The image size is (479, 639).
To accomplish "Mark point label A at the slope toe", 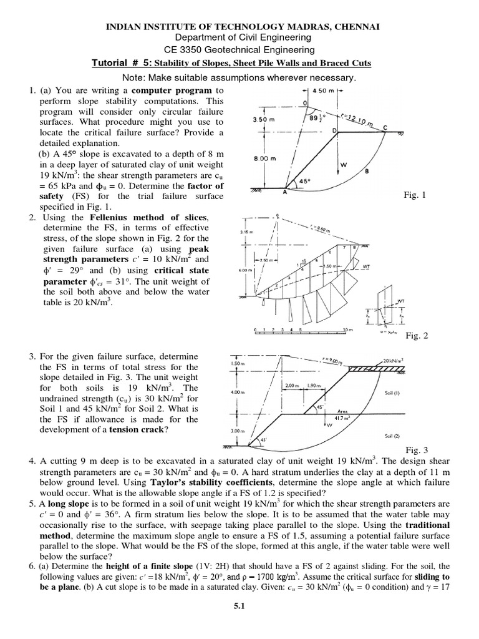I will (x=287, y=193).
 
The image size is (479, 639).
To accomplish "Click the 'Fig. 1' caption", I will (x=415, y=195).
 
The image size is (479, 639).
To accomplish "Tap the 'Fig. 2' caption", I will (x=417, y=336).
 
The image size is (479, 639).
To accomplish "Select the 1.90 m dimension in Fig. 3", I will (x=314, y=386).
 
